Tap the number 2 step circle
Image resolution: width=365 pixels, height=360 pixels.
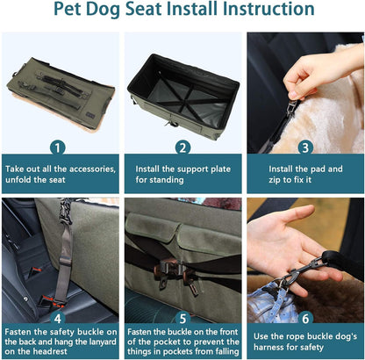point(182,148)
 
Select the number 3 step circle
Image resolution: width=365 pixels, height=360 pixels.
point(304,148)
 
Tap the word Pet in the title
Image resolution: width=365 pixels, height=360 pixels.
point(68,11)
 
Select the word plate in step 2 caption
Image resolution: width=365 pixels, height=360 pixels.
point(227,168)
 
